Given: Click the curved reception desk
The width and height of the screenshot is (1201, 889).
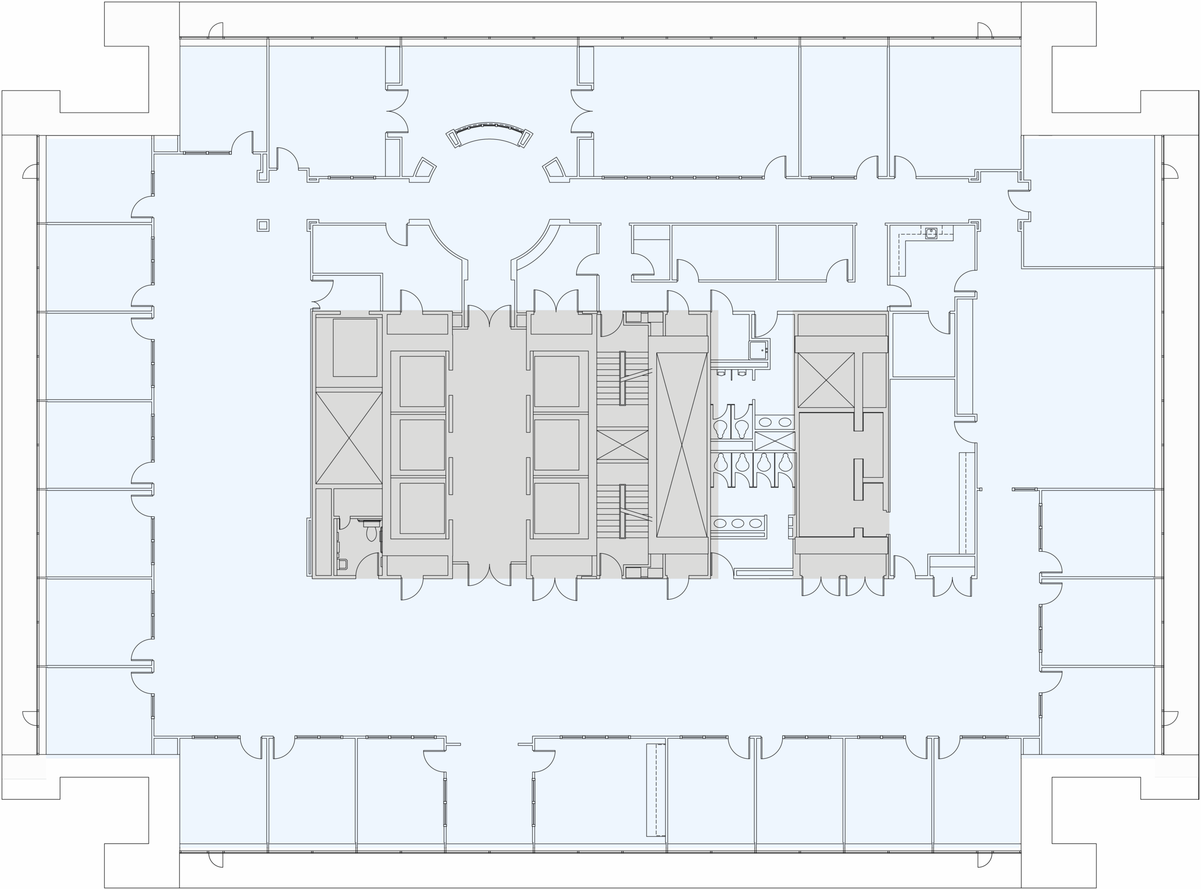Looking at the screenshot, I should click(x=489, y=132).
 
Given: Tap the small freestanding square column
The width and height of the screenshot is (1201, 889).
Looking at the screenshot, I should click(x=263, y=226).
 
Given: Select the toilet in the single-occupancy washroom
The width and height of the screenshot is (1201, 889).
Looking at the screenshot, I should click(x=371, y=533).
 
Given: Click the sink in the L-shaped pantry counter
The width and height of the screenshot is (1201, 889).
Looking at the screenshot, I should click(x=931, y=233).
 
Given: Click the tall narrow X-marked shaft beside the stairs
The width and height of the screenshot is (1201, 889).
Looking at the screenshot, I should click(x=681, y=445).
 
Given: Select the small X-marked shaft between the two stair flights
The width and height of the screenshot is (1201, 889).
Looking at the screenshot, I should click(x=622, y=445).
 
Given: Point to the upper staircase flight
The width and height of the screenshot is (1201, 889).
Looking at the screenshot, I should click(x=622, y=378).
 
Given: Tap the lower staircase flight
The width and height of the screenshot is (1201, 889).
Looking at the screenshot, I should click(x=622, y=511).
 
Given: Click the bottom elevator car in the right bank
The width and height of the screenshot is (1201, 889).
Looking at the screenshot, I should click(x=556, y=507).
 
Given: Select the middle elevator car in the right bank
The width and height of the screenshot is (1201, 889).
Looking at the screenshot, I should click(x=556, y=444).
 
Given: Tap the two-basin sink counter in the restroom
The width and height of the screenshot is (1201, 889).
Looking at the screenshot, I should click(x=774, y=422).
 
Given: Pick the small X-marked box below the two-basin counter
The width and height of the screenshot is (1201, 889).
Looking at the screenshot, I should click(x=774, y=441).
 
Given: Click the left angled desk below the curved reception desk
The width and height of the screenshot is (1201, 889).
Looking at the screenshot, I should click(x=424, y=168).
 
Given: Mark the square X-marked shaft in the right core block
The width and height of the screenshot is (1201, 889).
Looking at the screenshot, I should click(x=825, y=380).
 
